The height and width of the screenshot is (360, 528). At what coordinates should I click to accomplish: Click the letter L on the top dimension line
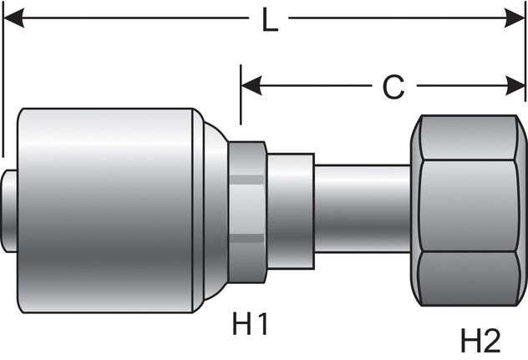tap(269, 21)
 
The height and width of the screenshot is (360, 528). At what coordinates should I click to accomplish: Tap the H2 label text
tap(481, 340)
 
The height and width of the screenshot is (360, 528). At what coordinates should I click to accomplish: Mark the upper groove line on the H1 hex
tap(246, 178)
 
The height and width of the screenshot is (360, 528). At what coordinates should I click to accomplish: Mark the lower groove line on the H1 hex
tap(246, 237)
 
